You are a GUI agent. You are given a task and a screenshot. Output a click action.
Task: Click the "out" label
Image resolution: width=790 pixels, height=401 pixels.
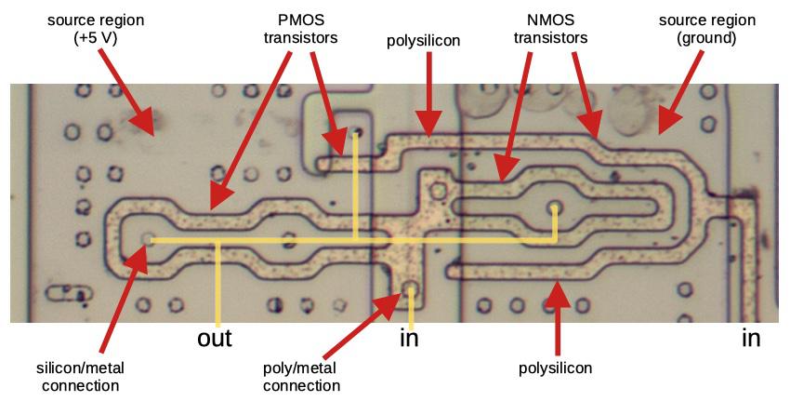[x=215, y=338]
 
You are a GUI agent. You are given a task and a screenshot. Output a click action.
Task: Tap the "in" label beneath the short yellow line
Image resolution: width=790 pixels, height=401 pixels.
[x=409, y=338]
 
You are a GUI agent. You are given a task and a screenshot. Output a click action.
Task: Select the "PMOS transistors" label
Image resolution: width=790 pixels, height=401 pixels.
[x=301, y=29]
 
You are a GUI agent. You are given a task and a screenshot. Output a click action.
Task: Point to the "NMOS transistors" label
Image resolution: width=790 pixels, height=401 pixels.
[x=551, y=29]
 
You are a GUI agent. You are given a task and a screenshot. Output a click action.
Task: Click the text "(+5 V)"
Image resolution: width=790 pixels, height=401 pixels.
[x=96, y=38]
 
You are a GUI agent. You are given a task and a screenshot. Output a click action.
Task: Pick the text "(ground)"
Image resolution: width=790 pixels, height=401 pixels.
[x=706, y=38]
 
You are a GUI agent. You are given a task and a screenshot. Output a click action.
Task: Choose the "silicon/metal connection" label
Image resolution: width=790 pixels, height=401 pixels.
[x=80, y=377]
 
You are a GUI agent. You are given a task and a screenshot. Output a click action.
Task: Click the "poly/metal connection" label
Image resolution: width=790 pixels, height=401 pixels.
[x=301, y=377]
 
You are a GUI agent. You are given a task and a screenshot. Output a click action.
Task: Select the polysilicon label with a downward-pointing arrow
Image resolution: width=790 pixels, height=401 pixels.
[x=423, y=41]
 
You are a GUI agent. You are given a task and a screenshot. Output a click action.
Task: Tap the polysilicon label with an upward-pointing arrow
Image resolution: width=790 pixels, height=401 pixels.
[x=555, y=368]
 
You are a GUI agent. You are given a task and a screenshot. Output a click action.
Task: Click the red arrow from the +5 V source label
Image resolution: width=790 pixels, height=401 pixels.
[x=127, y=92]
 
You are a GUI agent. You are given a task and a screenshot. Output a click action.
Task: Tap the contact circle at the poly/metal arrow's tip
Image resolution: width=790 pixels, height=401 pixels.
[x=411, y=289]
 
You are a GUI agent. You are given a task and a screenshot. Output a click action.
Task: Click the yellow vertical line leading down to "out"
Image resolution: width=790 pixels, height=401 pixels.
[x=218, y=285]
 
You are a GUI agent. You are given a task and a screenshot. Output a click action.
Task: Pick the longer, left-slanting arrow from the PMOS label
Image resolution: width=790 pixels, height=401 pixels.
[x=250, y=130]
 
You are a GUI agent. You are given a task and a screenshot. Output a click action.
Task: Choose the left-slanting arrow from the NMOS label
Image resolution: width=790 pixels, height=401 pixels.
[x=512, y=116]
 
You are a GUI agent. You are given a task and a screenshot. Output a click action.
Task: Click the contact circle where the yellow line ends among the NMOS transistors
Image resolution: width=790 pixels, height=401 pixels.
[x=555, y=207]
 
